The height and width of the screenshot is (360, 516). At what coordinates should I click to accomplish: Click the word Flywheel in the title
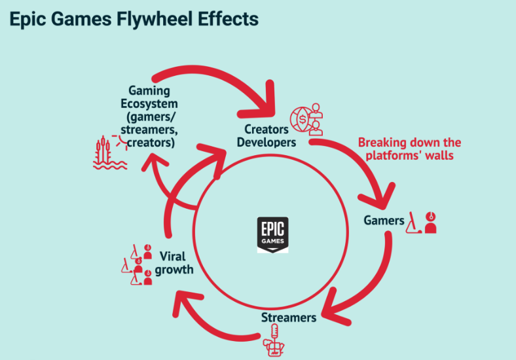point(155,20)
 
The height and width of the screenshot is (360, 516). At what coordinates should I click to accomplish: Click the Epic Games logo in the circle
point(273,235)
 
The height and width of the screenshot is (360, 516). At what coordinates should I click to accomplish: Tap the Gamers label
point(384,221)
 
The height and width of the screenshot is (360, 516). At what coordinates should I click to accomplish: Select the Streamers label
point(289,317)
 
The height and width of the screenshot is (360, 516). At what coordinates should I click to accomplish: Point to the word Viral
point(172,256)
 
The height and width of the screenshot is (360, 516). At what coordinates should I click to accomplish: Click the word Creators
point(267,130)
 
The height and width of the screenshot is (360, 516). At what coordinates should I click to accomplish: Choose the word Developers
point(267,143)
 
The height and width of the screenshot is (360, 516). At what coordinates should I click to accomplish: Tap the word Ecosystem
point(149,103)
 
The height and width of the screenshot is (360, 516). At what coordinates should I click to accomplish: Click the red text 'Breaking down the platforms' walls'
point(409,149)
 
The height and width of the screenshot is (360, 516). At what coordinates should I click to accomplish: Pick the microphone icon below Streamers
point(274,340)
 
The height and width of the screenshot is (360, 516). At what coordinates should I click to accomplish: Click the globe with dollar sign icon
point(306,119)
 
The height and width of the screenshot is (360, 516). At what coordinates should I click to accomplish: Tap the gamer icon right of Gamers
point(421,223)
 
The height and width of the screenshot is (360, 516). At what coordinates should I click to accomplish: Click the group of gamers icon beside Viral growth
point(137,264)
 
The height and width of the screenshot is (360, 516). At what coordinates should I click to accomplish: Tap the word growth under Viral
point(174,270)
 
